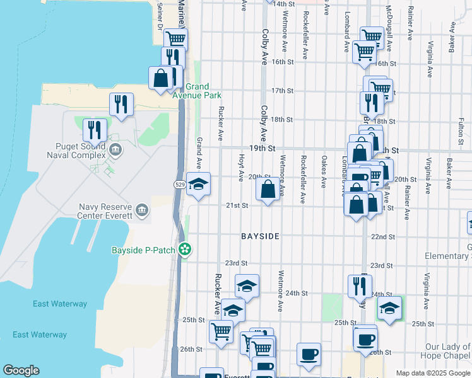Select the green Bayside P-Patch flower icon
pos(185,249)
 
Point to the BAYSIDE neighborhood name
pos(259,236)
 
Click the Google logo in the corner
pos(21,370)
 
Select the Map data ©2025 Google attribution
pos(433,373)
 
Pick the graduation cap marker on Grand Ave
pos(199,185)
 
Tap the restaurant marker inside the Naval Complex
pos(95,130)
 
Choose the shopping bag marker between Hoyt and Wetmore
pos(268,188)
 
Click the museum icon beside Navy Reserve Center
pos(141,210)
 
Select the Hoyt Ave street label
pos(241,167)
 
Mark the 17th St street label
pos(282,91)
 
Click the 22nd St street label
pos(382,238)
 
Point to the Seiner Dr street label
pos(160,11)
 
